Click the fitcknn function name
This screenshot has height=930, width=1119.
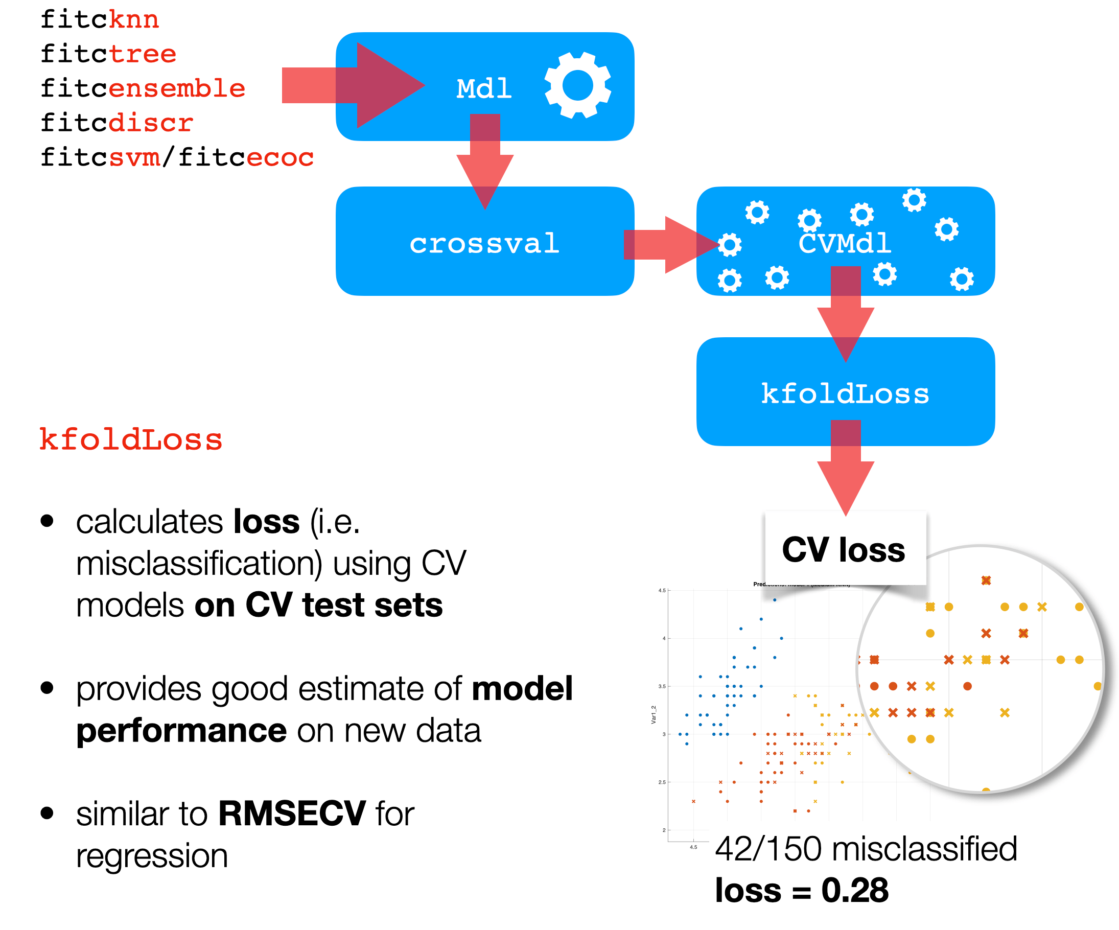coord(100,20)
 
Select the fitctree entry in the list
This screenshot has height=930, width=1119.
coord(108,54)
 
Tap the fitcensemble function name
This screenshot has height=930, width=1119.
coord(143,88)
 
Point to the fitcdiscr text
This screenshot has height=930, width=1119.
coord(116,123)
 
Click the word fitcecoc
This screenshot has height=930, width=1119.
coord(246,158)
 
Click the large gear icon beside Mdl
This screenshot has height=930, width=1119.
coord(577,85)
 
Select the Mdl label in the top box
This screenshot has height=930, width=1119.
coord(484,88)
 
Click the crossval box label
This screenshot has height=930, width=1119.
coord(484,244)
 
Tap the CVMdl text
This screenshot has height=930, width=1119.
coord(845,244)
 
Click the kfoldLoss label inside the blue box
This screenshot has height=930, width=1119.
coord(845,394)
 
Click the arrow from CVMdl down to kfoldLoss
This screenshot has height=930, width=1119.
coord(846,314)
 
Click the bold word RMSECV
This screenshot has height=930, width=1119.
coord(291,814)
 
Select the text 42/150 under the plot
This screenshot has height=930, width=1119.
coord(768,849)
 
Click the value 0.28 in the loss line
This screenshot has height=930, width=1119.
coord(855,891)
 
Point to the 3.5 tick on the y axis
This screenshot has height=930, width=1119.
coord(662,686)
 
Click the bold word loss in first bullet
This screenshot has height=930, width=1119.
coord(266,522)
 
